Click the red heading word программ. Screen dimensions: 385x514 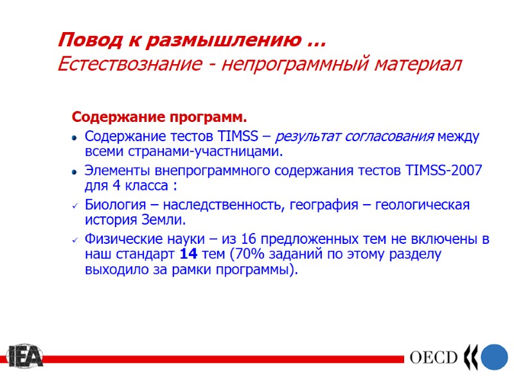pos(207,118)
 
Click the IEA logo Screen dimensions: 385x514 pos(24,356)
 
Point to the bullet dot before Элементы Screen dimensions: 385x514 pos(75,173)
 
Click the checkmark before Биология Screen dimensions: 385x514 pos(75,206)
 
